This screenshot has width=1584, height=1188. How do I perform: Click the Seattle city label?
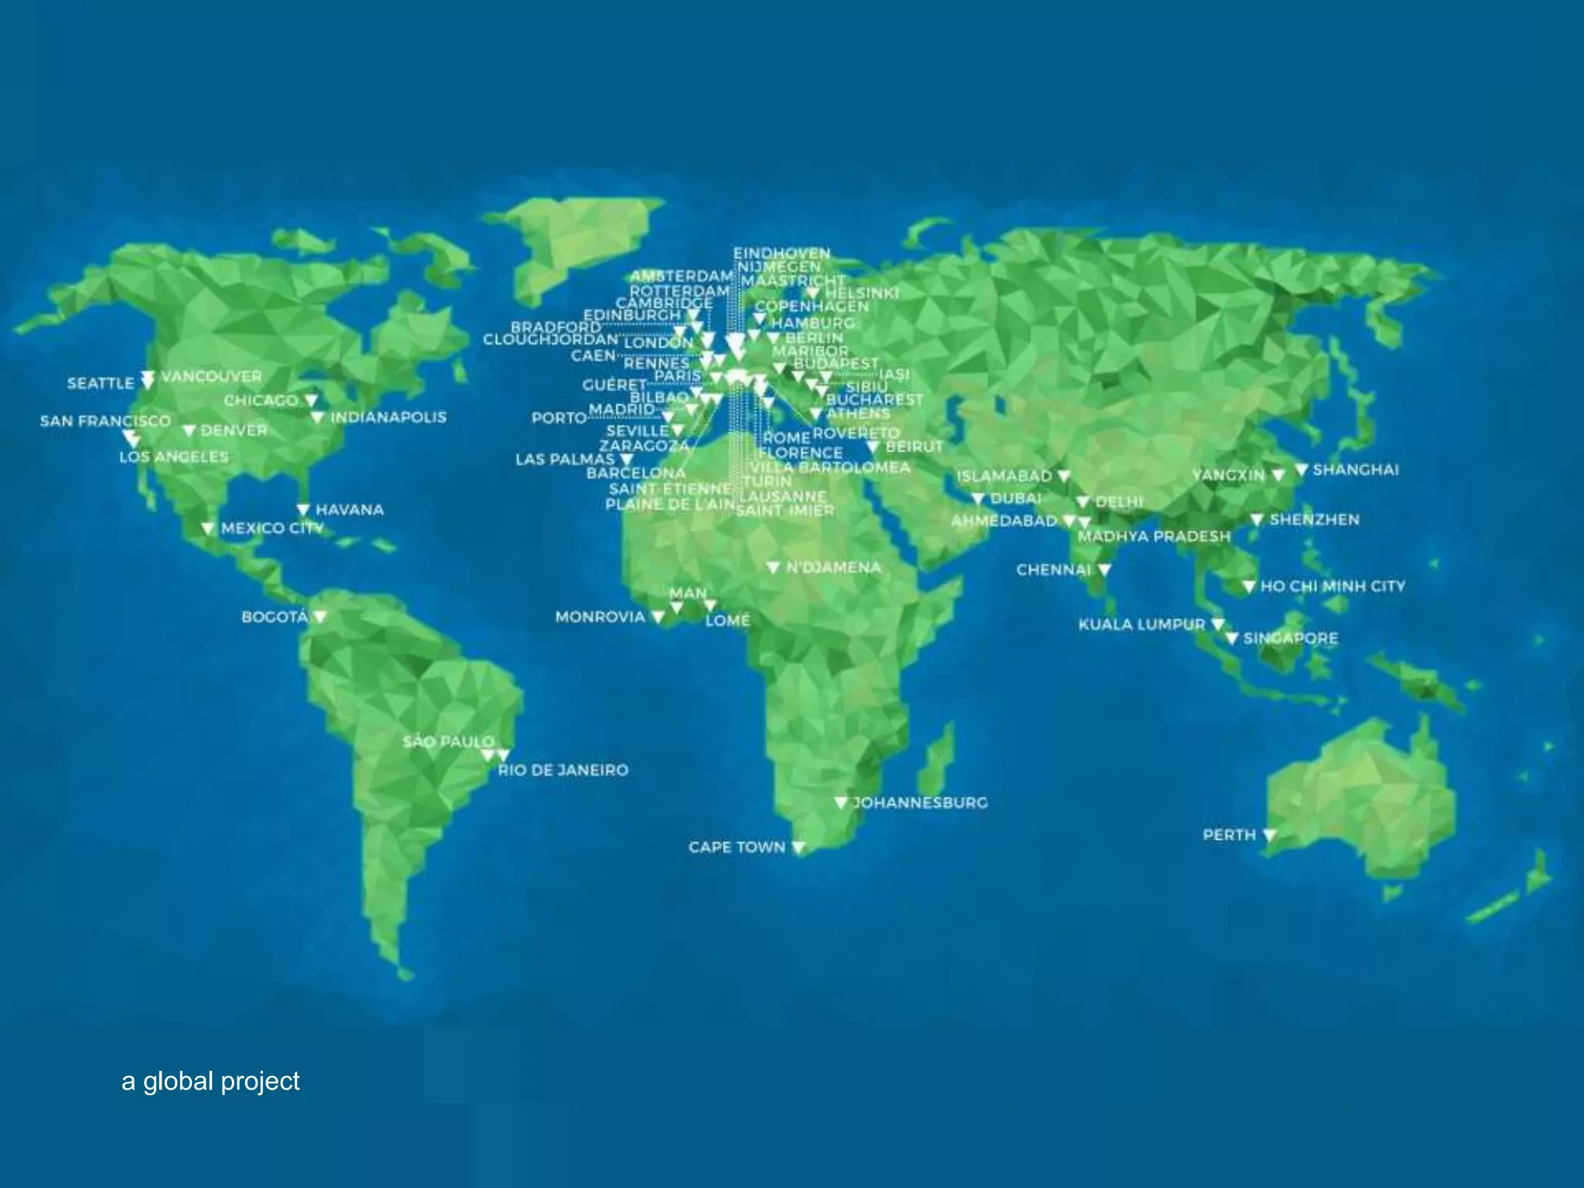(101, 384)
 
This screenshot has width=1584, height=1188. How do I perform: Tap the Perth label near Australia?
(1229, 835)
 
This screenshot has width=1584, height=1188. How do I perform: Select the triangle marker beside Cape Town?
(799, 848)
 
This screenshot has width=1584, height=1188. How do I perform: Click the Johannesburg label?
(920, 803)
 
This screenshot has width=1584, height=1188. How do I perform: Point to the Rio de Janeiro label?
(563, 770)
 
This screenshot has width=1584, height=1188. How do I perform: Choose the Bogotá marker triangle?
(320, 616)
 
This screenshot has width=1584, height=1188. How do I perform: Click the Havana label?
(350, 510)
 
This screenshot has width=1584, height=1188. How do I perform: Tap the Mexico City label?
(272, 528)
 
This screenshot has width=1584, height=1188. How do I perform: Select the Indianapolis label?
(388, 418)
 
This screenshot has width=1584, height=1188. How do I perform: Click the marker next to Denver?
(189, 431)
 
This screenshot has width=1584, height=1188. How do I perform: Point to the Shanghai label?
(1356, 470)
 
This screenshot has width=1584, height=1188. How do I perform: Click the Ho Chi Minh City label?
(1333, 587)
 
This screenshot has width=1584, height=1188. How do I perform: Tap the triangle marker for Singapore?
(1232, 638)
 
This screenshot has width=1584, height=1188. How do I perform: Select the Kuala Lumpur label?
(1142, 624)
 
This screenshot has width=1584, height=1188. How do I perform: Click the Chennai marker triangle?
(1104, 570)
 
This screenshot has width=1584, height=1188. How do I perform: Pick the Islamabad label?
(1004, 476)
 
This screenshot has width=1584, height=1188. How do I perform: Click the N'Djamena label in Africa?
(834, 568)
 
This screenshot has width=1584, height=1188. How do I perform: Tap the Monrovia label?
(599, 617)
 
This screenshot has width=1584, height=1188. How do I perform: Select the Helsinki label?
(862, 293)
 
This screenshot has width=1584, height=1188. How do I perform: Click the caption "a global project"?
(210, 1081)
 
